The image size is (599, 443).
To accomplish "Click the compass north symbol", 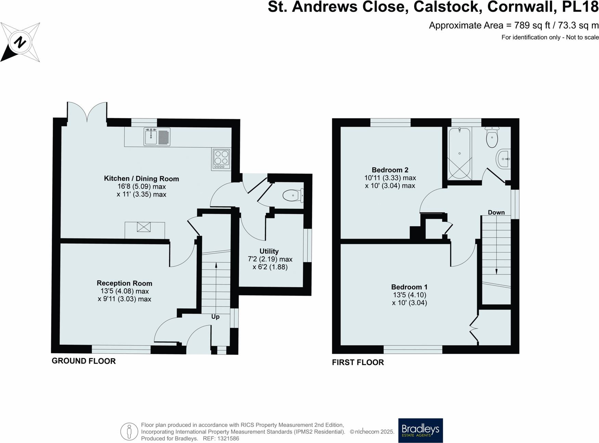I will (20, 42).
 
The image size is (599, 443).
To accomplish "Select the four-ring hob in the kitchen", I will (221, 159).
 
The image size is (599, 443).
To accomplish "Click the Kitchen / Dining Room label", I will (141, 178).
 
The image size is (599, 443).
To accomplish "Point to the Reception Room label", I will (124, 283).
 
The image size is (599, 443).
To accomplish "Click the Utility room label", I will (269, 251).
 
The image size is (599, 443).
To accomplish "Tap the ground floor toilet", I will (292, 195).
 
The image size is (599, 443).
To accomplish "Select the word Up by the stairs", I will (215, 317).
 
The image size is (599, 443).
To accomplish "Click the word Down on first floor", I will (496, 212).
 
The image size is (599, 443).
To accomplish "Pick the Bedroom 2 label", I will (390, 170).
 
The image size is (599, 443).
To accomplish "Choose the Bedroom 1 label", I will (409, 287).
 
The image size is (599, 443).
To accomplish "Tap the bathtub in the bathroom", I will (459, 153).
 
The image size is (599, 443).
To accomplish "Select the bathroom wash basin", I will (503, 159).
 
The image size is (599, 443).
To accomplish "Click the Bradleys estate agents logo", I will (420, 430).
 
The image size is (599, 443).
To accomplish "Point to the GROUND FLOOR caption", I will (84, 361).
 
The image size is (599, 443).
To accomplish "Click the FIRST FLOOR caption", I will (358, 362).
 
